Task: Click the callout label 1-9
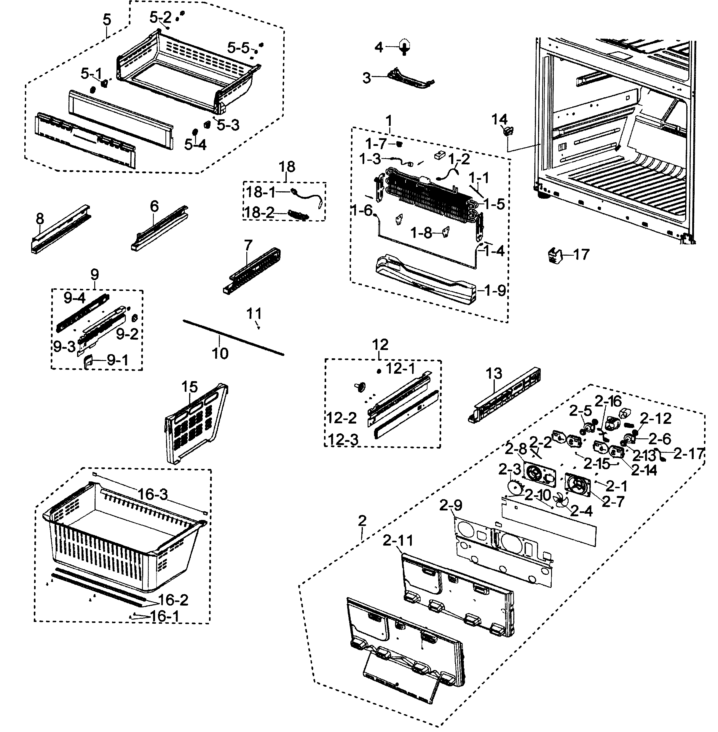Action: tap(495, 291)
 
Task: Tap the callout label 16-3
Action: tap(152, 494)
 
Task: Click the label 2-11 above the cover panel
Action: tap(398, 541)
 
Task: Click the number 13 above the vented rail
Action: tap(494, 373)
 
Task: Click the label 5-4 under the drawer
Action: tap(195, 144)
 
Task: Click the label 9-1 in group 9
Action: tap(118, 360)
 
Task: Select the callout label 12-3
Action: tap(343, 440)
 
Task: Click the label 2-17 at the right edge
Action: tap(689, 453)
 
